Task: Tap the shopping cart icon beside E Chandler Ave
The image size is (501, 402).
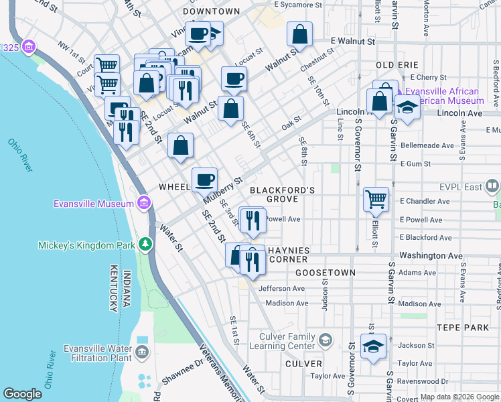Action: coord(376,198)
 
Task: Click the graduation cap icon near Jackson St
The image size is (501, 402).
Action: coord(373,346)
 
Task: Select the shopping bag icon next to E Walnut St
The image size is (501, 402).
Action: coord(300,33)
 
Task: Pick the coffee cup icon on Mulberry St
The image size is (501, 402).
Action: coord(204,179)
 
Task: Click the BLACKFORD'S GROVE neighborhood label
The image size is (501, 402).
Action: coord(282,195)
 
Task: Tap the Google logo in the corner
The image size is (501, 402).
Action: coord(22,393)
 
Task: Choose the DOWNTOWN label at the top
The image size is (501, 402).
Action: coord(211,11)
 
